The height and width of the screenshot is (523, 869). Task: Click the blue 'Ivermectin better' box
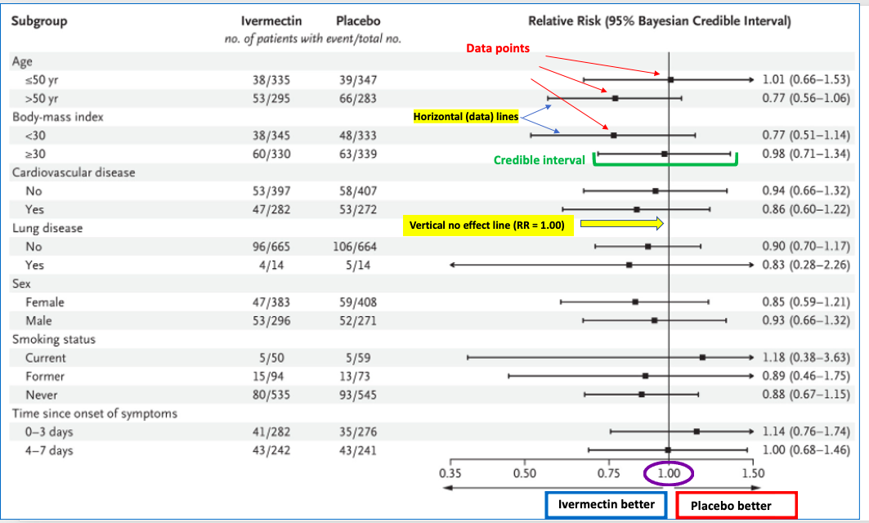[606, 504]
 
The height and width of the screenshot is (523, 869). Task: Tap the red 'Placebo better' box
[736, 506]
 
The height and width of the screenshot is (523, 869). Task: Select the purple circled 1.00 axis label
[669, 472]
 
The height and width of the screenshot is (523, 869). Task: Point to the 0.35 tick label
[450, 472]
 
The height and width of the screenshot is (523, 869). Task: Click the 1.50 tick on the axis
[753, 472]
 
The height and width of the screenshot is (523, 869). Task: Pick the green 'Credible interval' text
[540, 160]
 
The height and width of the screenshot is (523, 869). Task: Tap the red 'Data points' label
[498, 48]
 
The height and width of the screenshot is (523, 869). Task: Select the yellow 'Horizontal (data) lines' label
[466, 117]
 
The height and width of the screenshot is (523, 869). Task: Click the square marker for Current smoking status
[702, 357]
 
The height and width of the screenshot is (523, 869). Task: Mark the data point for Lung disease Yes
[629, 265]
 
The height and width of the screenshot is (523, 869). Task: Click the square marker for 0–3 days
[697, 431]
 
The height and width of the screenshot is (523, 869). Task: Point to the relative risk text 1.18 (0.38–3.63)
[806, 357]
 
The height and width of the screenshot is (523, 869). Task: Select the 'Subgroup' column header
[39, 21]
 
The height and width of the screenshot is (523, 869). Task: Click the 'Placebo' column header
[358, 21]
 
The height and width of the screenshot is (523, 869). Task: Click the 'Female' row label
[45, 302]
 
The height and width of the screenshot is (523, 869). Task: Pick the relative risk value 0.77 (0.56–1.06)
[806, 98]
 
